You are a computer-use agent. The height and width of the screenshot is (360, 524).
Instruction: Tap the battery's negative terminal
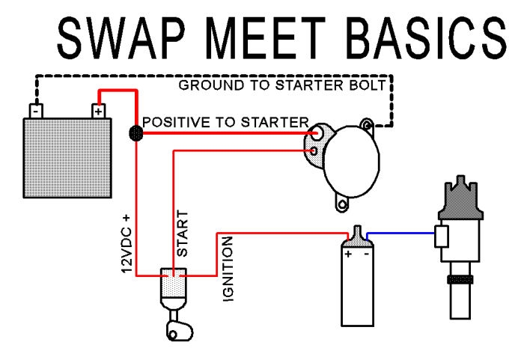coord(34,111)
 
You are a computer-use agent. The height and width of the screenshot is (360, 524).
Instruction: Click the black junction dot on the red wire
coord(135,133)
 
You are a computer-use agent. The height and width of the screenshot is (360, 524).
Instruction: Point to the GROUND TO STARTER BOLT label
coord(283,85)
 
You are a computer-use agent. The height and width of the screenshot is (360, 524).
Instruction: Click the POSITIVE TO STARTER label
coord(225,121)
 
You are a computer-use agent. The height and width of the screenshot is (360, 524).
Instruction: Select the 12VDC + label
coord(127,243)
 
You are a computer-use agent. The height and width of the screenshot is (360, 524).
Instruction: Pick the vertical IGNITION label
coord(228,269)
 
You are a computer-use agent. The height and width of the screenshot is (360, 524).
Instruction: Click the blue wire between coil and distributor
coord(400,232)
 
